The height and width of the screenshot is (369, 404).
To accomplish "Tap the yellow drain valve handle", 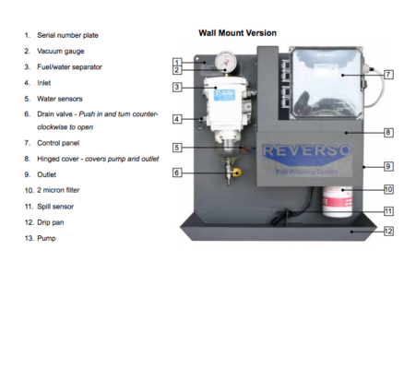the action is coord(237,173).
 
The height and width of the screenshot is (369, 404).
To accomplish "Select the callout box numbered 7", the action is coord(388,75).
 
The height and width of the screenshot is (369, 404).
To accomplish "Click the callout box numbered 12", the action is coord(388,232).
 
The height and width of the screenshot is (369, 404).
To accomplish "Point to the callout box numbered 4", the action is coord(177,119).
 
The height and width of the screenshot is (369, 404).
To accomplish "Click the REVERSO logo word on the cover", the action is coord(306,150).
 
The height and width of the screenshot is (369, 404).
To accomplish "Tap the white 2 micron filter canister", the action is coord(338,201).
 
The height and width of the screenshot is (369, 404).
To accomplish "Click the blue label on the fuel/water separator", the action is coord(224,95).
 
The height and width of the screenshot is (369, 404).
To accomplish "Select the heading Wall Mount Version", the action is coord(237,33).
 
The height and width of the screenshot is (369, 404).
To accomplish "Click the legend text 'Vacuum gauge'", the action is coord(61,51).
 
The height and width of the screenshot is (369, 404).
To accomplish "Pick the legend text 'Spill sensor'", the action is coord(55,207).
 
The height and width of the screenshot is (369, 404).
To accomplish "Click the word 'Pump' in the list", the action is coord(46,238).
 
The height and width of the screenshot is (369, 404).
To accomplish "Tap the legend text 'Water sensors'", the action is coord(60,99).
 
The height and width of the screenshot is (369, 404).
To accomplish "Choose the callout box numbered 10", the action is coord(388,189).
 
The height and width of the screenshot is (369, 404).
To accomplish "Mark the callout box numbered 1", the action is coord(177,63).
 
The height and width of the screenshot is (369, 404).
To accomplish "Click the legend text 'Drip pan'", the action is coord(51,222).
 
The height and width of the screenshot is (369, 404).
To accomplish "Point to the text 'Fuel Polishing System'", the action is coord(306,172).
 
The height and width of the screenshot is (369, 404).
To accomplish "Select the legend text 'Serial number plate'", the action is coord(67,35).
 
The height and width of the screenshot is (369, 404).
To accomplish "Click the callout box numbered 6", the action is coord(177,173).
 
